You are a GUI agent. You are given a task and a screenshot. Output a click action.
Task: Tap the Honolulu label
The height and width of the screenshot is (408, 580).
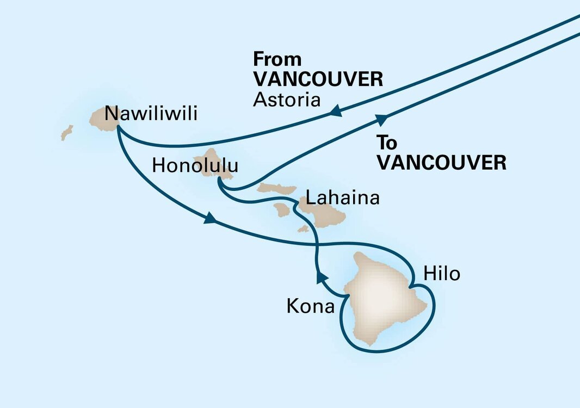(195, 166)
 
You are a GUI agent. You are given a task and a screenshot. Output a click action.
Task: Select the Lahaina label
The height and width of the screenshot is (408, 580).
(342, 198)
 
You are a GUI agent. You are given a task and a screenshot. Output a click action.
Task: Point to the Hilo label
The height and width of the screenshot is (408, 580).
(442, 274)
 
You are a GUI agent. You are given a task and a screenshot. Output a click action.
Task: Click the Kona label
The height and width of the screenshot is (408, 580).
(310, 307)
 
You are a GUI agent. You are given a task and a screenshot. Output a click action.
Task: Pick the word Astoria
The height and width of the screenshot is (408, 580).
(287, 100)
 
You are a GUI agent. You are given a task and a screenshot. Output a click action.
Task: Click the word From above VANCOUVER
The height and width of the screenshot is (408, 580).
(277, 60)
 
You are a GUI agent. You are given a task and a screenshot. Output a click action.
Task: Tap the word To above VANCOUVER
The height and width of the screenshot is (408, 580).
(387, 143)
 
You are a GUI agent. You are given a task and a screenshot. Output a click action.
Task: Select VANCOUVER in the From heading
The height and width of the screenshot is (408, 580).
(318, 79)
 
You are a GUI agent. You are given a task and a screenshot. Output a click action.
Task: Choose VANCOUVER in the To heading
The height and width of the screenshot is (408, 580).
(442, 162)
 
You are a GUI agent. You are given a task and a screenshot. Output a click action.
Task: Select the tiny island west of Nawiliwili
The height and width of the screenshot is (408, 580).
(67, 132)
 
